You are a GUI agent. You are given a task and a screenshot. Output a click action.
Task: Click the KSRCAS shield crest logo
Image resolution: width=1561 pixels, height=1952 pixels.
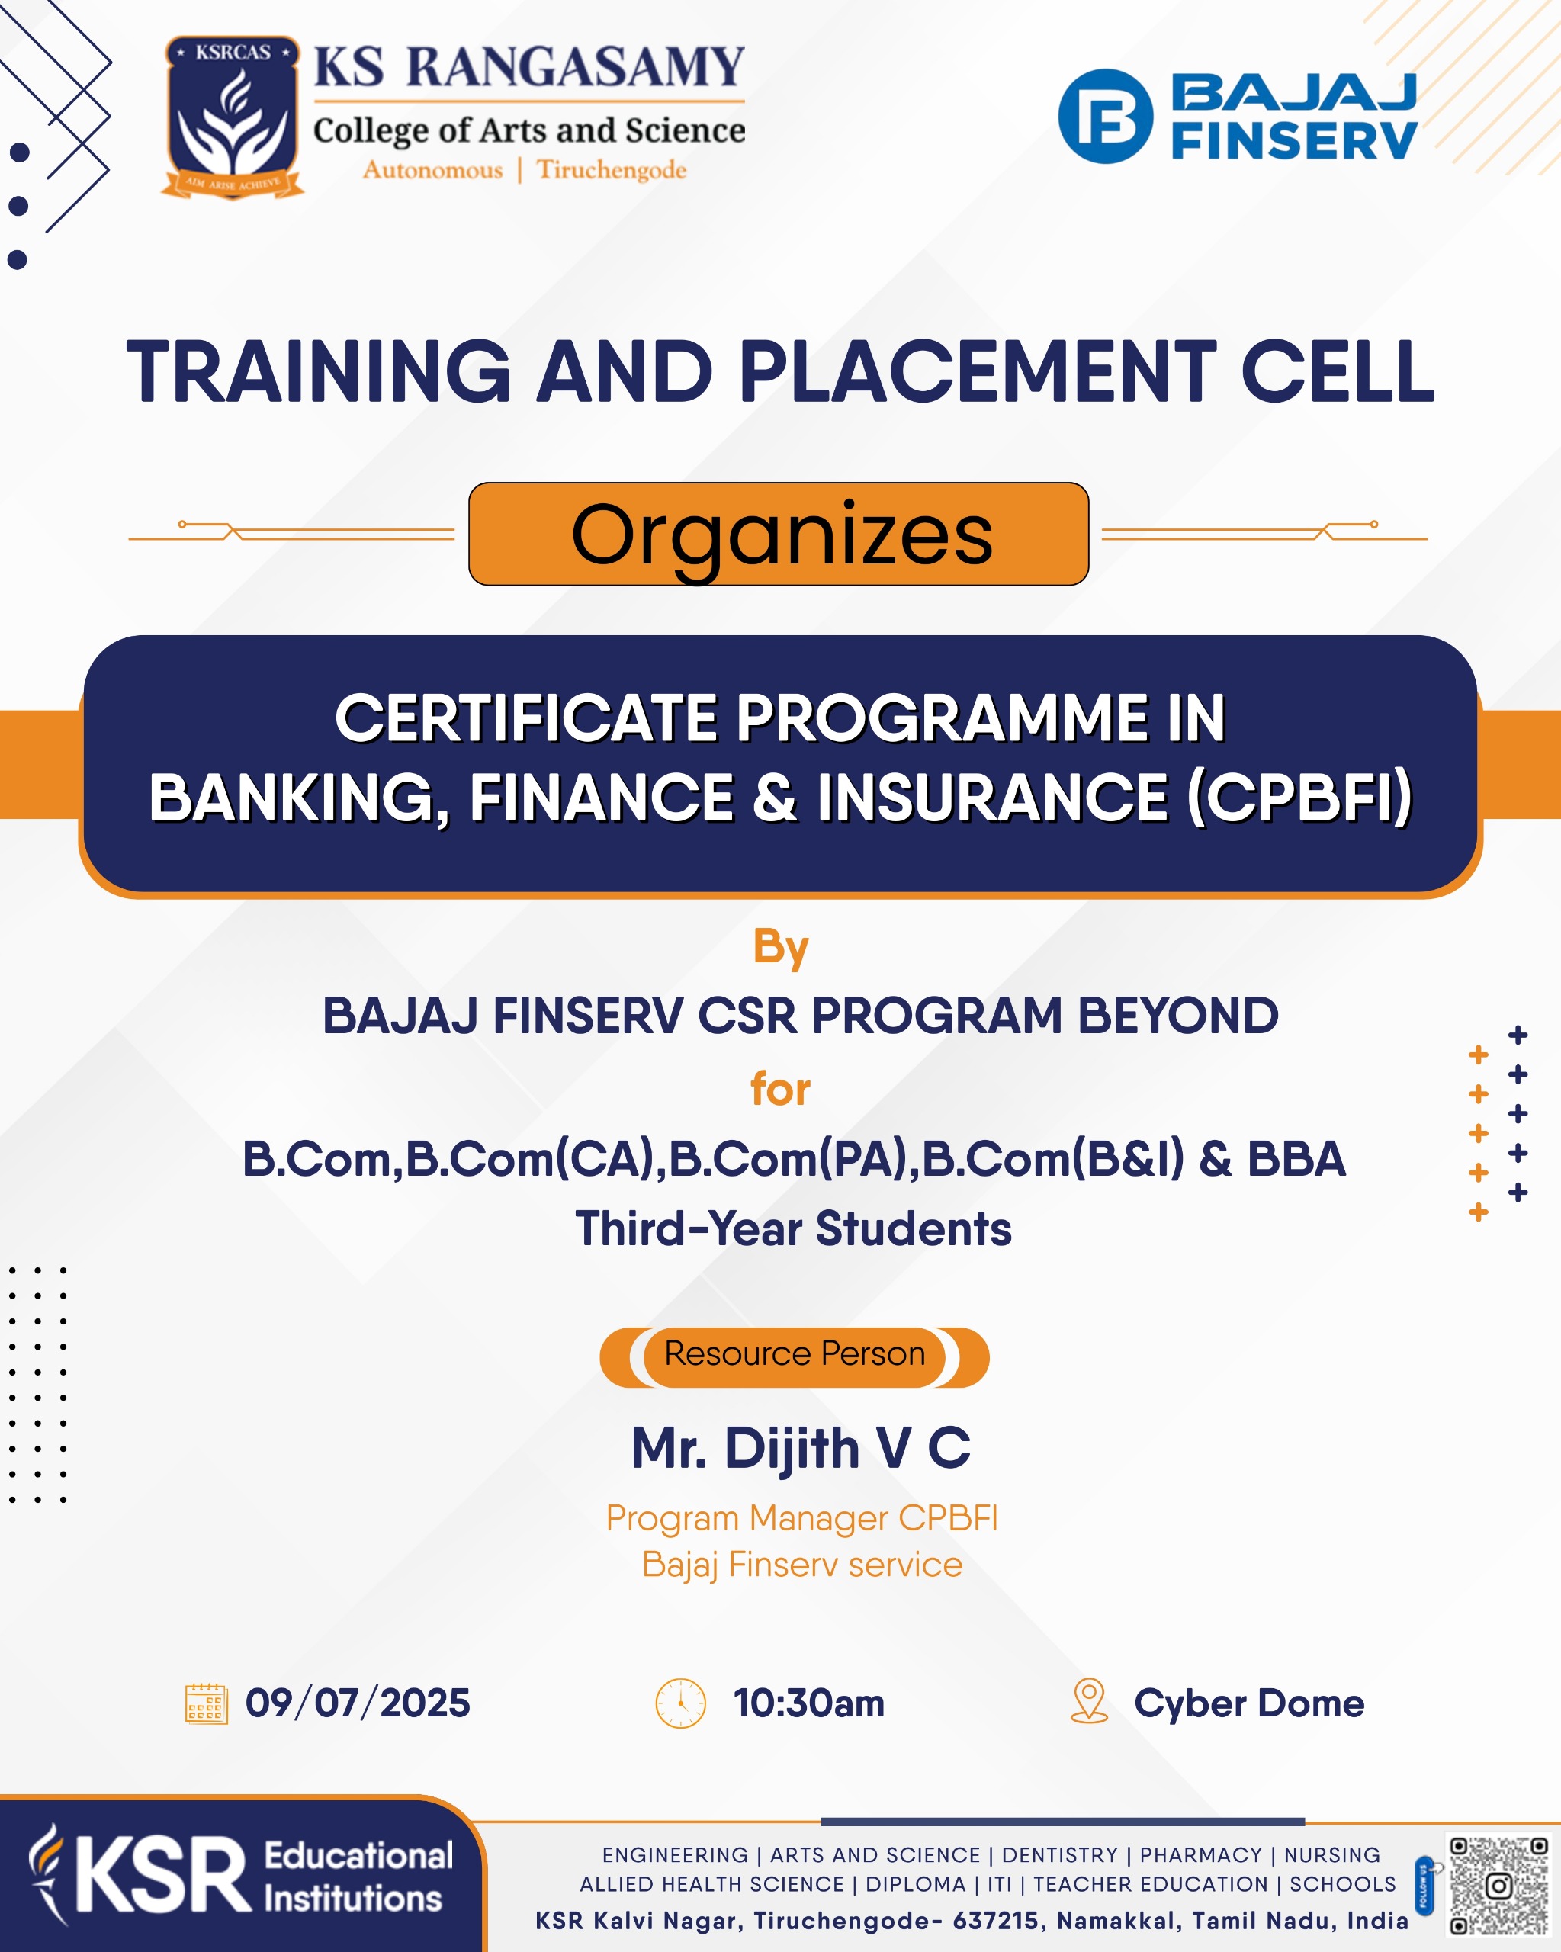click(233, 117)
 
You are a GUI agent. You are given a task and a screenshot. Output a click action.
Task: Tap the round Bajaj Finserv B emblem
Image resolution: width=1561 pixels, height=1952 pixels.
click(1106, 116)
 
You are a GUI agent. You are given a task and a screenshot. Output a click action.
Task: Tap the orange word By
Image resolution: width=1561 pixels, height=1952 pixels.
click(781, 948)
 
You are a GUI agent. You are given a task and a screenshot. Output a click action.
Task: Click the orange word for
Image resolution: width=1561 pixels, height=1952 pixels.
click(781, 1088)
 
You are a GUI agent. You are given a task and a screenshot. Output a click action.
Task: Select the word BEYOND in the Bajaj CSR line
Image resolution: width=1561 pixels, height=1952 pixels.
click(1178, 1015)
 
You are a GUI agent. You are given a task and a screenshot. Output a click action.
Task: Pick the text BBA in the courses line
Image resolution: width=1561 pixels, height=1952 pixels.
click(1296, 1159)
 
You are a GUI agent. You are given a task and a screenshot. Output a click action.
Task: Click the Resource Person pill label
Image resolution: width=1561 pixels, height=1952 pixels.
click(794, 1353)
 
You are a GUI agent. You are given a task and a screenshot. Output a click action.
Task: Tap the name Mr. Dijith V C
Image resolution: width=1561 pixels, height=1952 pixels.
click(801, 1448)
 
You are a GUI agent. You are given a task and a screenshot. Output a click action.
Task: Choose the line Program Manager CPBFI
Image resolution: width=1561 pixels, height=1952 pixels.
click(801, 1518)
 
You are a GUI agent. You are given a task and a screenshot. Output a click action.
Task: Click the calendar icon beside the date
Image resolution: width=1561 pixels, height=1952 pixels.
click(207, 1704)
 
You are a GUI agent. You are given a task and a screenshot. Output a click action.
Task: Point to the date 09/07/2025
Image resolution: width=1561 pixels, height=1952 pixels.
click(358, 1703)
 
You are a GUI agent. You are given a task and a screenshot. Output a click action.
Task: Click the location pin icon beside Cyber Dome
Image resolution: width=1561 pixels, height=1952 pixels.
click(1089, 1701)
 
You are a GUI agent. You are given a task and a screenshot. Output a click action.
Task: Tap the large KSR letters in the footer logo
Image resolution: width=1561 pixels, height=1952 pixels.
click(163, 1876)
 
